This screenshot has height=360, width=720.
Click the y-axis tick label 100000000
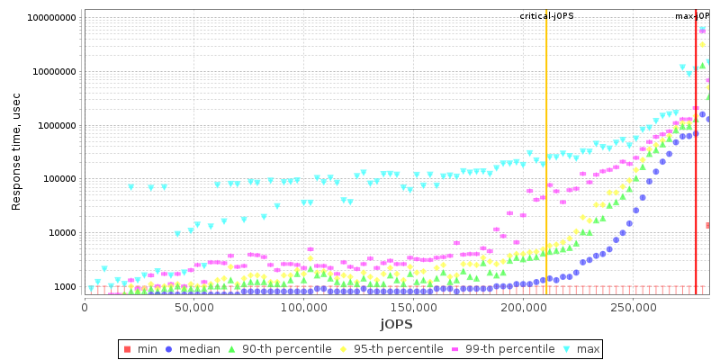click(x=51, y=18)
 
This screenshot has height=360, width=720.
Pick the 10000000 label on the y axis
click(x=54, y=72)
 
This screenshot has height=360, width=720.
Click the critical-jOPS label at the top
click(x=546, y=16)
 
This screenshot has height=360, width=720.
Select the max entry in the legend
click(x=580, y=348)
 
